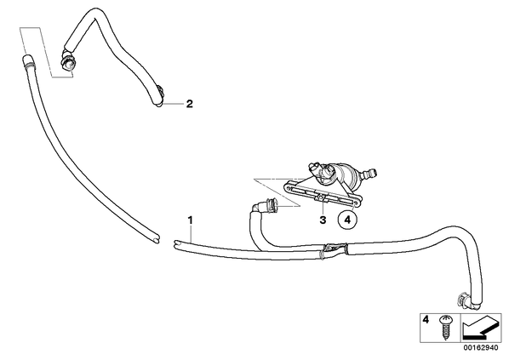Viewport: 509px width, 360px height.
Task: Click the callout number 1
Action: (191, 220)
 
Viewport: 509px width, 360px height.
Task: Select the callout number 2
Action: (190, 104)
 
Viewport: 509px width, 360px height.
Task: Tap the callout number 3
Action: (323, 220)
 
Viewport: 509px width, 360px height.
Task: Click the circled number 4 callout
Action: (347, 220)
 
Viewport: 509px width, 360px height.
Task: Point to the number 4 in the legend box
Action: (426, 320)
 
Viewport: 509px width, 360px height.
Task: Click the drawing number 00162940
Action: (480, 348)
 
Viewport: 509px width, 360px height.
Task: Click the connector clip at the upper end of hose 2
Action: (67, 61)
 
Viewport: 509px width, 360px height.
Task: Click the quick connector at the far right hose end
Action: (464, 301)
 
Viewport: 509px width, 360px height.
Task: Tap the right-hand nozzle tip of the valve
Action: (369, 174)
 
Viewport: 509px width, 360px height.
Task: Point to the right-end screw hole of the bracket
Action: (356, 203)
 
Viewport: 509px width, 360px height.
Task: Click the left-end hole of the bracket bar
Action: (289, 187)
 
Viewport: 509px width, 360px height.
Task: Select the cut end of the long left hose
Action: (156, 238)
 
